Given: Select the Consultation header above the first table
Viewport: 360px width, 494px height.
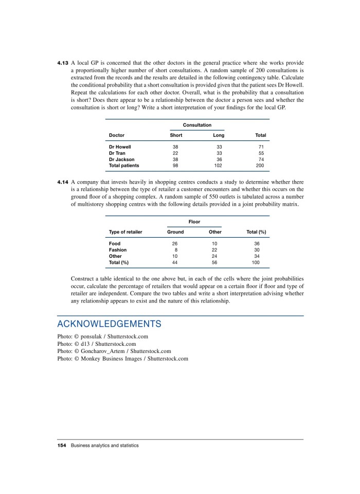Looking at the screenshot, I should (x=197, y=125).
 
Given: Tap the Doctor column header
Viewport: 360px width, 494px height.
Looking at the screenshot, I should (x=117, y=135).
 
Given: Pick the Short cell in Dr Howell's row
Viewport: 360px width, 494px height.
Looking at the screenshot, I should (x=175, y=147).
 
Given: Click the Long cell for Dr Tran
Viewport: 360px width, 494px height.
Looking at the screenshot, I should (x=219, y=153).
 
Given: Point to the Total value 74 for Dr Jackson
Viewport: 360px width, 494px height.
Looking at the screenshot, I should (x=260, y=160).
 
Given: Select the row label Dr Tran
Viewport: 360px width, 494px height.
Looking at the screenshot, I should (x=118, y=153).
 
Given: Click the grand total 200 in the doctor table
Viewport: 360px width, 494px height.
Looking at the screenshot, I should (x=260, y=166).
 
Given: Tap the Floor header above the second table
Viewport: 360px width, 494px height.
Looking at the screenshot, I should (x=194, y=222).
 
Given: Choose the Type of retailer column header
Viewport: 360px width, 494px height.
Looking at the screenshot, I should (x=125, y=232).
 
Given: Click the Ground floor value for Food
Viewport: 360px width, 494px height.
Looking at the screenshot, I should (x=175, y=243).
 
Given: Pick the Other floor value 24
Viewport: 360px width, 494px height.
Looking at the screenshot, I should (x=215, y=256).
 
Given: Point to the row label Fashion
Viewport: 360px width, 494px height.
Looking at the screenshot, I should (x=118, y=250).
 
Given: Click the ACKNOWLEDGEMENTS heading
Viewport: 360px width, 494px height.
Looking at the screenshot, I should (x=109, y=324).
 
